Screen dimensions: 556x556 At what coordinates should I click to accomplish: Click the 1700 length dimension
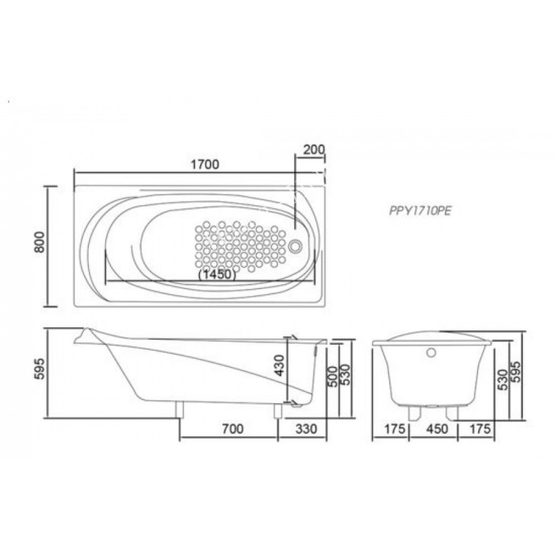pyautogui.click(x=205, y=165)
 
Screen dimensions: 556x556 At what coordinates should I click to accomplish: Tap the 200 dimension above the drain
pyautogui.click(x=314, y=149)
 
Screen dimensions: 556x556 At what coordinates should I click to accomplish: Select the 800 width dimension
pyautogui.click(x=40, y=242)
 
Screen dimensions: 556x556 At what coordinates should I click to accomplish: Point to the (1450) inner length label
pyautogui.click(x=217, y=275)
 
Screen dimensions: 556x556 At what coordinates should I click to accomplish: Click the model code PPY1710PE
pyautogui.click(x=420, y=211)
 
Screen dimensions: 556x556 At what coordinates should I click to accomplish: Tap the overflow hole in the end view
pyautogui.click(x=431, y=352)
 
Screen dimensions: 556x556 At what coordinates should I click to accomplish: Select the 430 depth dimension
pyautogui.click(x=279, y=366)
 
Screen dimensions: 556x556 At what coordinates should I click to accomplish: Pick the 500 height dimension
pyautogui.click(x=332, y=377)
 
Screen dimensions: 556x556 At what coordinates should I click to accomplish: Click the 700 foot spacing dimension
pyautogui.click(x=233, y=429)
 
